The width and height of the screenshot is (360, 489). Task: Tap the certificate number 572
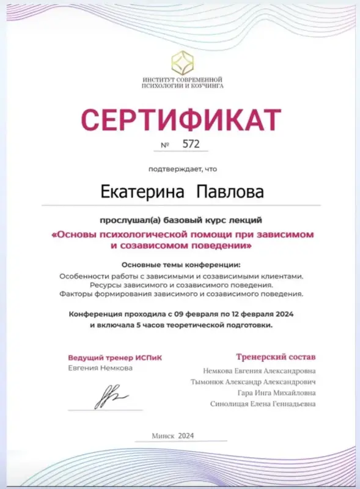(191, 145)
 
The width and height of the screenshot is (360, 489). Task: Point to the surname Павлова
(230, 192)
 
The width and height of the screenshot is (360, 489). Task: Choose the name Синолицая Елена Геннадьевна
(263, 404)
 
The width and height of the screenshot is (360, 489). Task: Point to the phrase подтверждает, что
(182, 168)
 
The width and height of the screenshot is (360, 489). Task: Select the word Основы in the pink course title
(76, 235)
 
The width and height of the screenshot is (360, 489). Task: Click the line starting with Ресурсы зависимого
(181, 285)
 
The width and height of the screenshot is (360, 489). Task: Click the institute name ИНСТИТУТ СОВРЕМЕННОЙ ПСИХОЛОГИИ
(182, 83)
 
